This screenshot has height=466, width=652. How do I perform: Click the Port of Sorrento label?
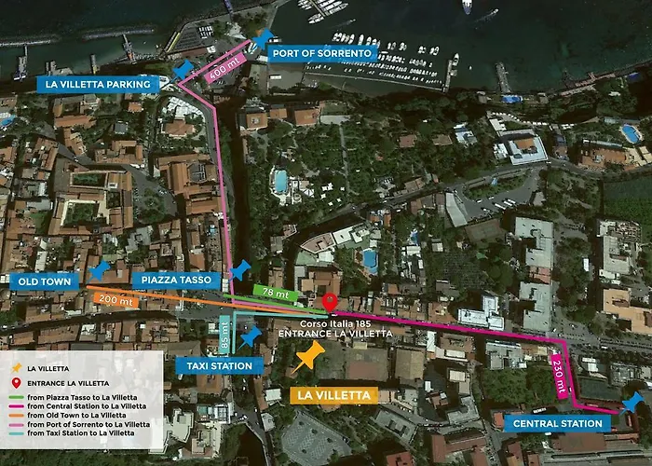[322, 53]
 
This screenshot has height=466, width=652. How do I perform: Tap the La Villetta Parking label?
[97, 84]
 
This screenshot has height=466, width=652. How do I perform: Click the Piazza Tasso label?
[176, 280]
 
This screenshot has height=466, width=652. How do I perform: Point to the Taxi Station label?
[219, 366]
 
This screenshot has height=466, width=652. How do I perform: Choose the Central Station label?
[561, 423]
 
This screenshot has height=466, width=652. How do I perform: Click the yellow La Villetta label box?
[333, 395]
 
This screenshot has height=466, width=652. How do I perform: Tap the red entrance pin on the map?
[330, 302]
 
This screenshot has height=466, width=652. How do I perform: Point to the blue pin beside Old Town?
[98, 270]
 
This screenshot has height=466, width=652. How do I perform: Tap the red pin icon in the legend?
[15, 383]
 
